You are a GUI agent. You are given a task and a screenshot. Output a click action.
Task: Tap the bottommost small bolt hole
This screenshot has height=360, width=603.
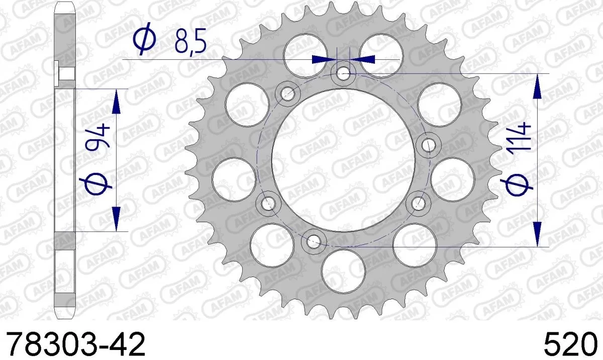314,240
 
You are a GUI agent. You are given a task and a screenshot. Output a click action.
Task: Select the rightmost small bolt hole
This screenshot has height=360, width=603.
429,145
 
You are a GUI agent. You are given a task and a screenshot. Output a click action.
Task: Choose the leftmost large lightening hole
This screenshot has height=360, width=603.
234,179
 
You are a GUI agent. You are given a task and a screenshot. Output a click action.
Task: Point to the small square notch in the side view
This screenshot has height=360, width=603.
65,73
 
